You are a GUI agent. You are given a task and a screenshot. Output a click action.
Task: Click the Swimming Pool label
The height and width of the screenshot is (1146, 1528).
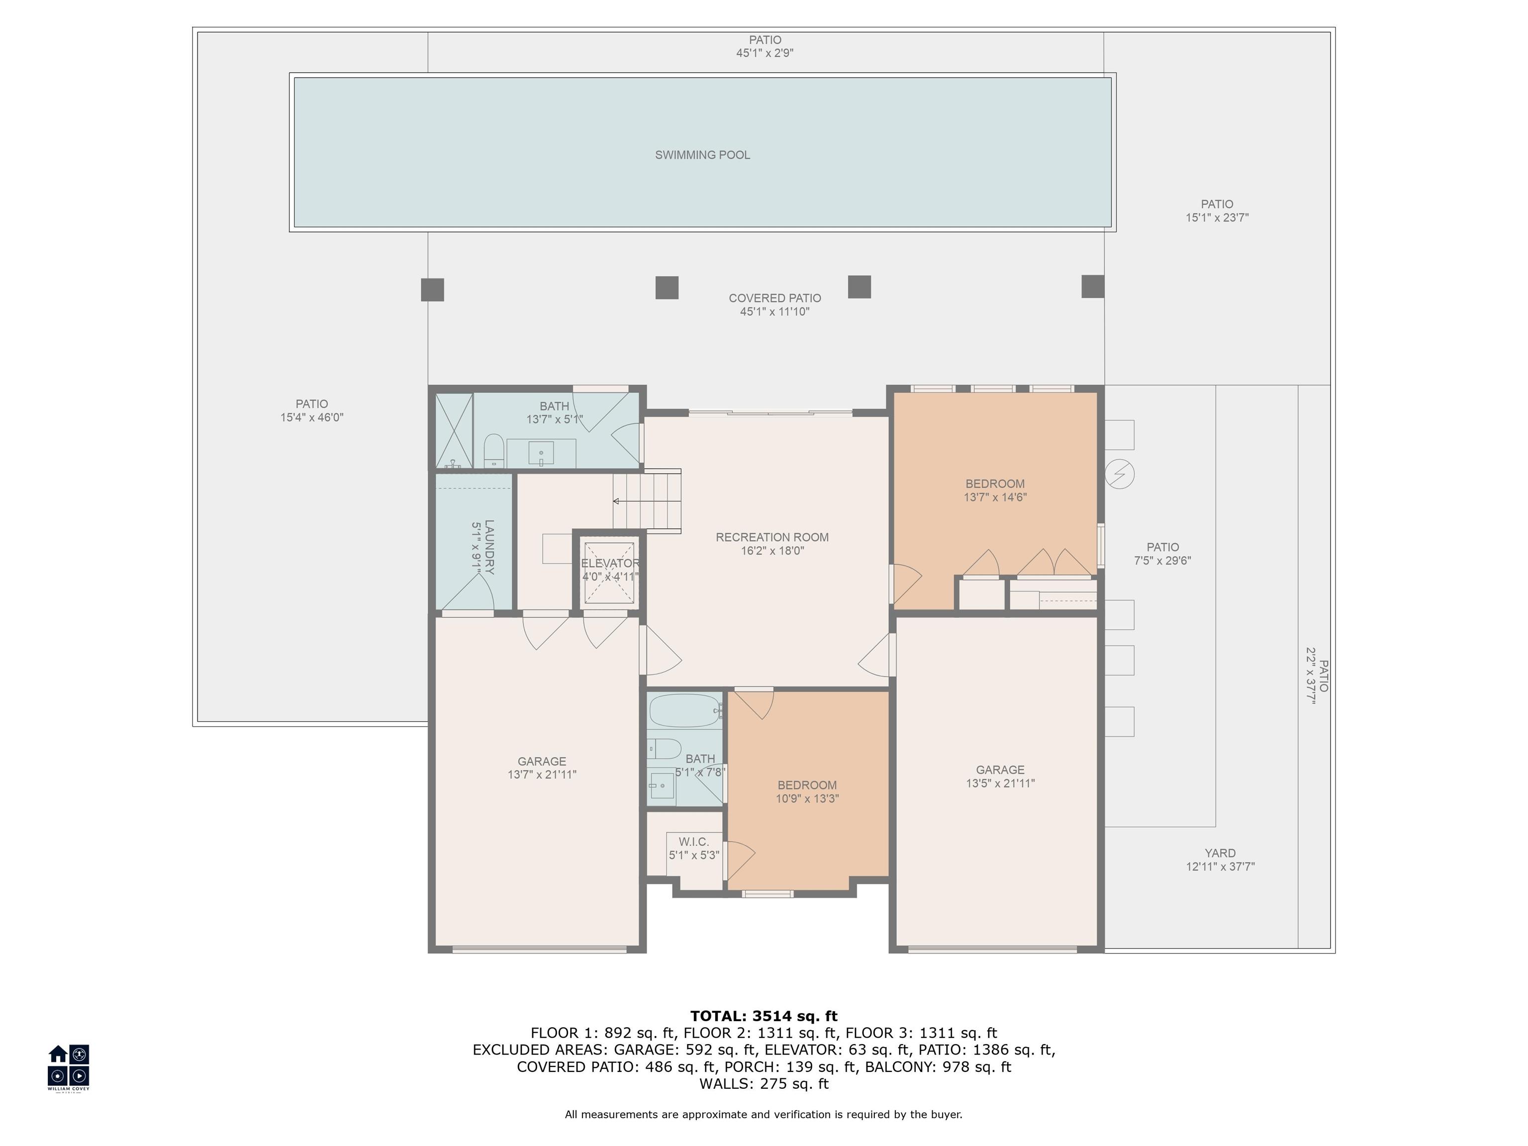702,155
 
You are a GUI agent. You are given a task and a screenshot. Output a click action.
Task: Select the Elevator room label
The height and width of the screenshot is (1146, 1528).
610,563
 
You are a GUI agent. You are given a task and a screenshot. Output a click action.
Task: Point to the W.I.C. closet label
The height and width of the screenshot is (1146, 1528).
693,842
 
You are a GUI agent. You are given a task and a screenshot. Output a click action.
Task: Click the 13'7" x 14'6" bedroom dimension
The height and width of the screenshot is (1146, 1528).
995,497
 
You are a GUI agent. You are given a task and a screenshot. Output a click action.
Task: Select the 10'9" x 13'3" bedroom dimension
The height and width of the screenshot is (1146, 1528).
807,798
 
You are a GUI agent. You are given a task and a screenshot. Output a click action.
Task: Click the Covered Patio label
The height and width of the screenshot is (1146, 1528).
774,298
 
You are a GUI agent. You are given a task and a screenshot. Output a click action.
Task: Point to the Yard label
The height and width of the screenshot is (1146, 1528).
1220,853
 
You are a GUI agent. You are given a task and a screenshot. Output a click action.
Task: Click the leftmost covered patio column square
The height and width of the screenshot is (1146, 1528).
432,289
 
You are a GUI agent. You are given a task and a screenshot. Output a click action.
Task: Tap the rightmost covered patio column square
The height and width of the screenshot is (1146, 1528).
1092,286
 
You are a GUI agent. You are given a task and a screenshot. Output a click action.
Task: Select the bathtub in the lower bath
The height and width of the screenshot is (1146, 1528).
684,711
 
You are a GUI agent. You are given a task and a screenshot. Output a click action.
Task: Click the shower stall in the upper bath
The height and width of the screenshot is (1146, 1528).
454,430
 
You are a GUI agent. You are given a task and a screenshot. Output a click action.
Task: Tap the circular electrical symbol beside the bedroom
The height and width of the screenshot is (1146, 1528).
1119,474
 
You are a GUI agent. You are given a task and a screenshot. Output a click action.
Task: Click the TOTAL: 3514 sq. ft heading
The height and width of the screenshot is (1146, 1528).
764,1016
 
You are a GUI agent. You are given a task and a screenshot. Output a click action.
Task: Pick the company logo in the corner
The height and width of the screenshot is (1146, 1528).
68,1065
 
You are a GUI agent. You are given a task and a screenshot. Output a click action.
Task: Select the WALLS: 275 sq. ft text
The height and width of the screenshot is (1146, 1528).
764,1083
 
